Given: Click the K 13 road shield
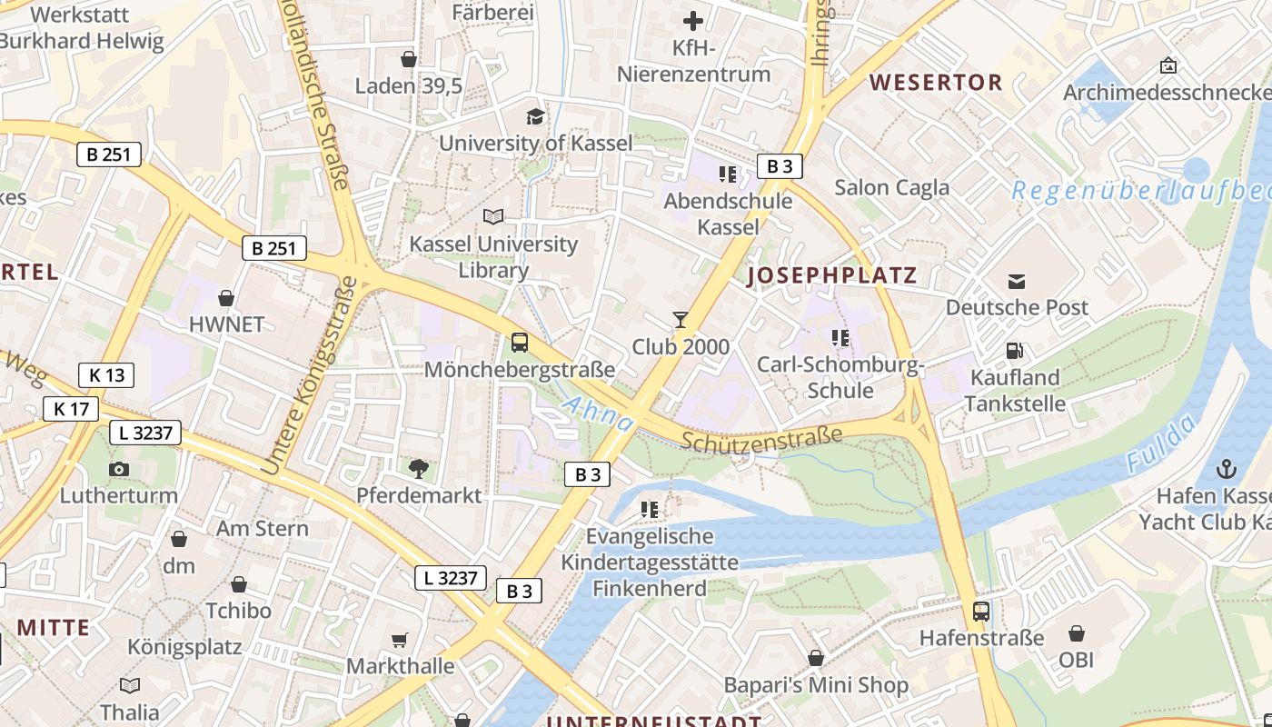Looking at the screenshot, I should (106, 374).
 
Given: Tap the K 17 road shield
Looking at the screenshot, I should (72, 409).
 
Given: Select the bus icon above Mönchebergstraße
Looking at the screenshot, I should (520, 343).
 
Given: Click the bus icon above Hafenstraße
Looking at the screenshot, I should (981, 611).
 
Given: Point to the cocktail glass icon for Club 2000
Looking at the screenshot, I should (681, 319).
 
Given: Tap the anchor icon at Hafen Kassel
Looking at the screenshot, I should (1227, 469).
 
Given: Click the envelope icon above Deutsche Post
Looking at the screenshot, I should (1017, 281).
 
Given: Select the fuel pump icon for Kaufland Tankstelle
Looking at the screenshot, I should (1015, 350).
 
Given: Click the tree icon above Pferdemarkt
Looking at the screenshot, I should (418, 469).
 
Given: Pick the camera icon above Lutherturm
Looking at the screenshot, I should (118, 469).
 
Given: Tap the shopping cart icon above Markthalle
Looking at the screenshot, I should (400, 640).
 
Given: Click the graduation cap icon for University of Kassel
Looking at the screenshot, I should (535, 116).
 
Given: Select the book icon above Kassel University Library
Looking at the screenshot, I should (493, 216).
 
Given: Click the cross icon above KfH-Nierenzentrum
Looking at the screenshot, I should (693, 20).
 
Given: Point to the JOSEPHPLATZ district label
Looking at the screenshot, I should (831, 275).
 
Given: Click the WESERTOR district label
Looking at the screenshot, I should (936, 83).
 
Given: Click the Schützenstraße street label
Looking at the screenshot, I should (761, 440).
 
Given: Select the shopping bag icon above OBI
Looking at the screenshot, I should (1077, 632).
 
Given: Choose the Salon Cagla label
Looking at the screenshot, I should (891, 187).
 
